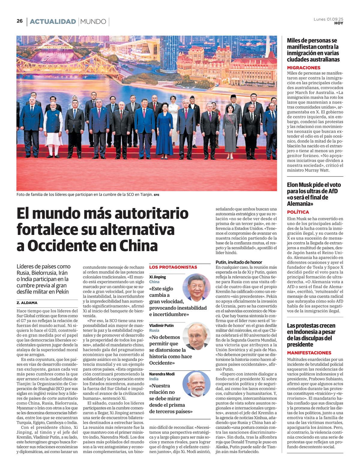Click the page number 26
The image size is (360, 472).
(19, 21)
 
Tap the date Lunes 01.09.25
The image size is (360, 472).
(328, 19)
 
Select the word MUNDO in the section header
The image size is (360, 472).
(93, 22)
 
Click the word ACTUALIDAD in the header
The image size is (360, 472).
(53, 22)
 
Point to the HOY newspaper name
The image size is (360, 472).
(339, 23)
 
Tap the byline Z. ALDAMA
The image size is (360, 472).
(27, 303)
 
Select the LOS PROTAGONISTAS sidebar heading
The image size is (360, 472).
(173, 267)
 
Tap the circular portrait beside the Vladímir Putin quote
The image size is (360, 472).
(196, 336)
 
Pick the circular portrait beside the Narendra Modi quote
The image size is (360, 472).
(196, 385)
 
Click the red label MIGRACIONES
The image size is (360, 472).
(304, 68)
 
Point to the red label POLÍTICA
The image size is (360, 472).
(298, 212)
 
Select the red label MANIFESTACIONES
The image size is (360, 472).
(309, 353)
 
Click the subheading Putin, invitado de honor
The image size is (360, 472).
(239, 262)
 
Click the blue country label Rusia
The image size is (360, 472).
(154, 330)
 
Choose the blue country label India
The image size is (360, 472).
(154, 379)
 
